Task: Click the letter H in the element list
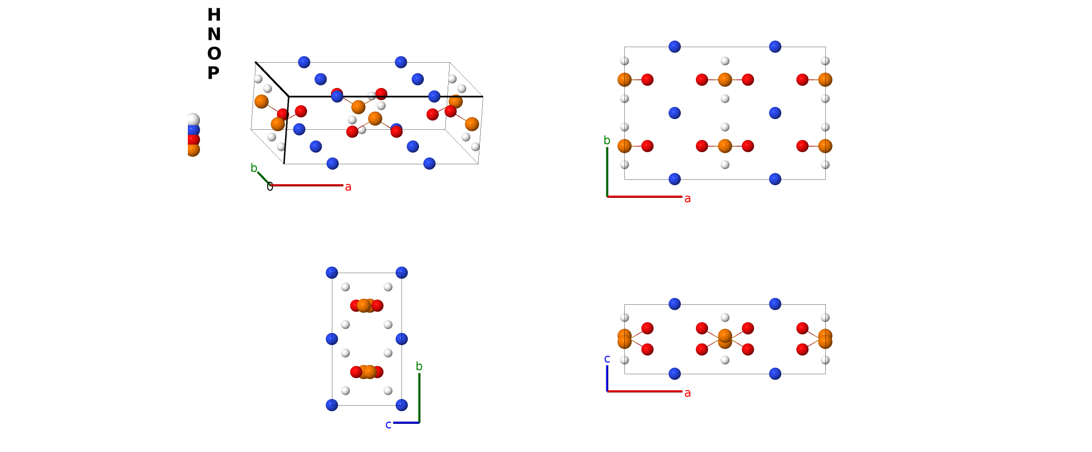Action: click(x=214, y=15)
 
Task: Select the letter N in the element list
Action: click(x=214, y=35)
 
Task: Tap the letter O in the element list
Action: click(x=214, y=54)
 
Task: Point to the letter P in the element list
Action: click(x=213, y=73)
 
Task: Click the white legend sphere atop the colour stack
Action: click(x=193, y=120)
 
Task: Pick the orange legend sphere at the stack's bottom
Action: click(x=193, y=150)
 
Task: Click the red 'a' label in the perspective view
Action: click(x=348, y=187)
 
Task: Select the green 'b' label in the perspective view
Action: click(x=254, y=168)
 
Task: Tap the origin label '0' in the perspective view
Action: click(x=270, y=186)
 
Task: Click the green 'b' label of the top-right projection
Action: click(x=607, y=140)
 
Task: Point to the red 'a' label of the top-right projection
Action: click(x=687, y=199)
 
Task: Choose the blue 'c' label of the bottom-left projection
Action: click(x=388, y=425)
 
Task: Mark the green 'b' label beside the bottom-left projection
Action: click(x=419, y=366)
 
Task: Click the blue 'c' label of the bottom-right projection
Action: click(x=607, y=359)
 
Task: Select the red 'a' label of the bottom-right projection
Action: click(x=687, y=393)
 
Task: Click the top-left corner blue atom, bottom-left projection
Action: click(x=332, y=273)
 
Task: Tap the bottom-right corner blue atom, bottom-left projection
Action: click(x=401, y=405)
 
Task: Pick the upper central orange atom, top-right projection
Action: click(x=725, y=80)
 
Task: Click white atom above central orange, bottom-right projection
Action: click(x=725, y=318)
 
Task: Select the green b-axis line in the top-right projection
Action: click(x=607, y=172)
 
